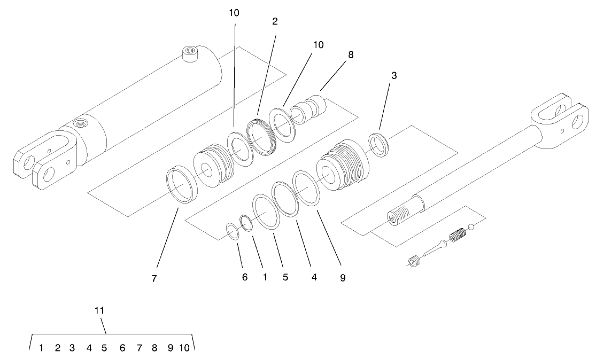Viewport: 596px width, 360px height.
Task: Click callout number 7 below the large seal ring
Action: tap(154, 278)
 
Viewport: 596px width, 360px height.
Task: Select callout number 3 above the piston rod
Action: tap(393, 76)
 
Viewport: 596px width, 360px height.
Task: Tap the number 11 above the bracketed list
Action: tap(99, 310)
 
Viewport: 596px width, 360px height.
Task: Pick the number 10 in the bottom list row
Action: tap(184, 348)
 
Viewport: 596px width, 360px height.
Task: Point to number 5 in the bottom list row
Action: tap(104, 348)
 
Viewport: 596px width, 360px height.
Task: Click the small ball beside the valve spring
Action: tap(471, 228)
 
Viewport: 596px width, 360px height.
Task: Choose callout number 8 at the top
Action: tap(351, 54)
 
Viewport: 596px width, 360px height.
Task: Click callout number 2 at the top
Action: tap(275, 21)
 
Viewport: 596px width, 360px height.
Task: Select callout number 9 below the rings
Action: tap(343, 278)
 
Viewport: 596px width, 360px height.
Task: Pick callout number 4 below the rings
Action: tap(314, 278)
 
